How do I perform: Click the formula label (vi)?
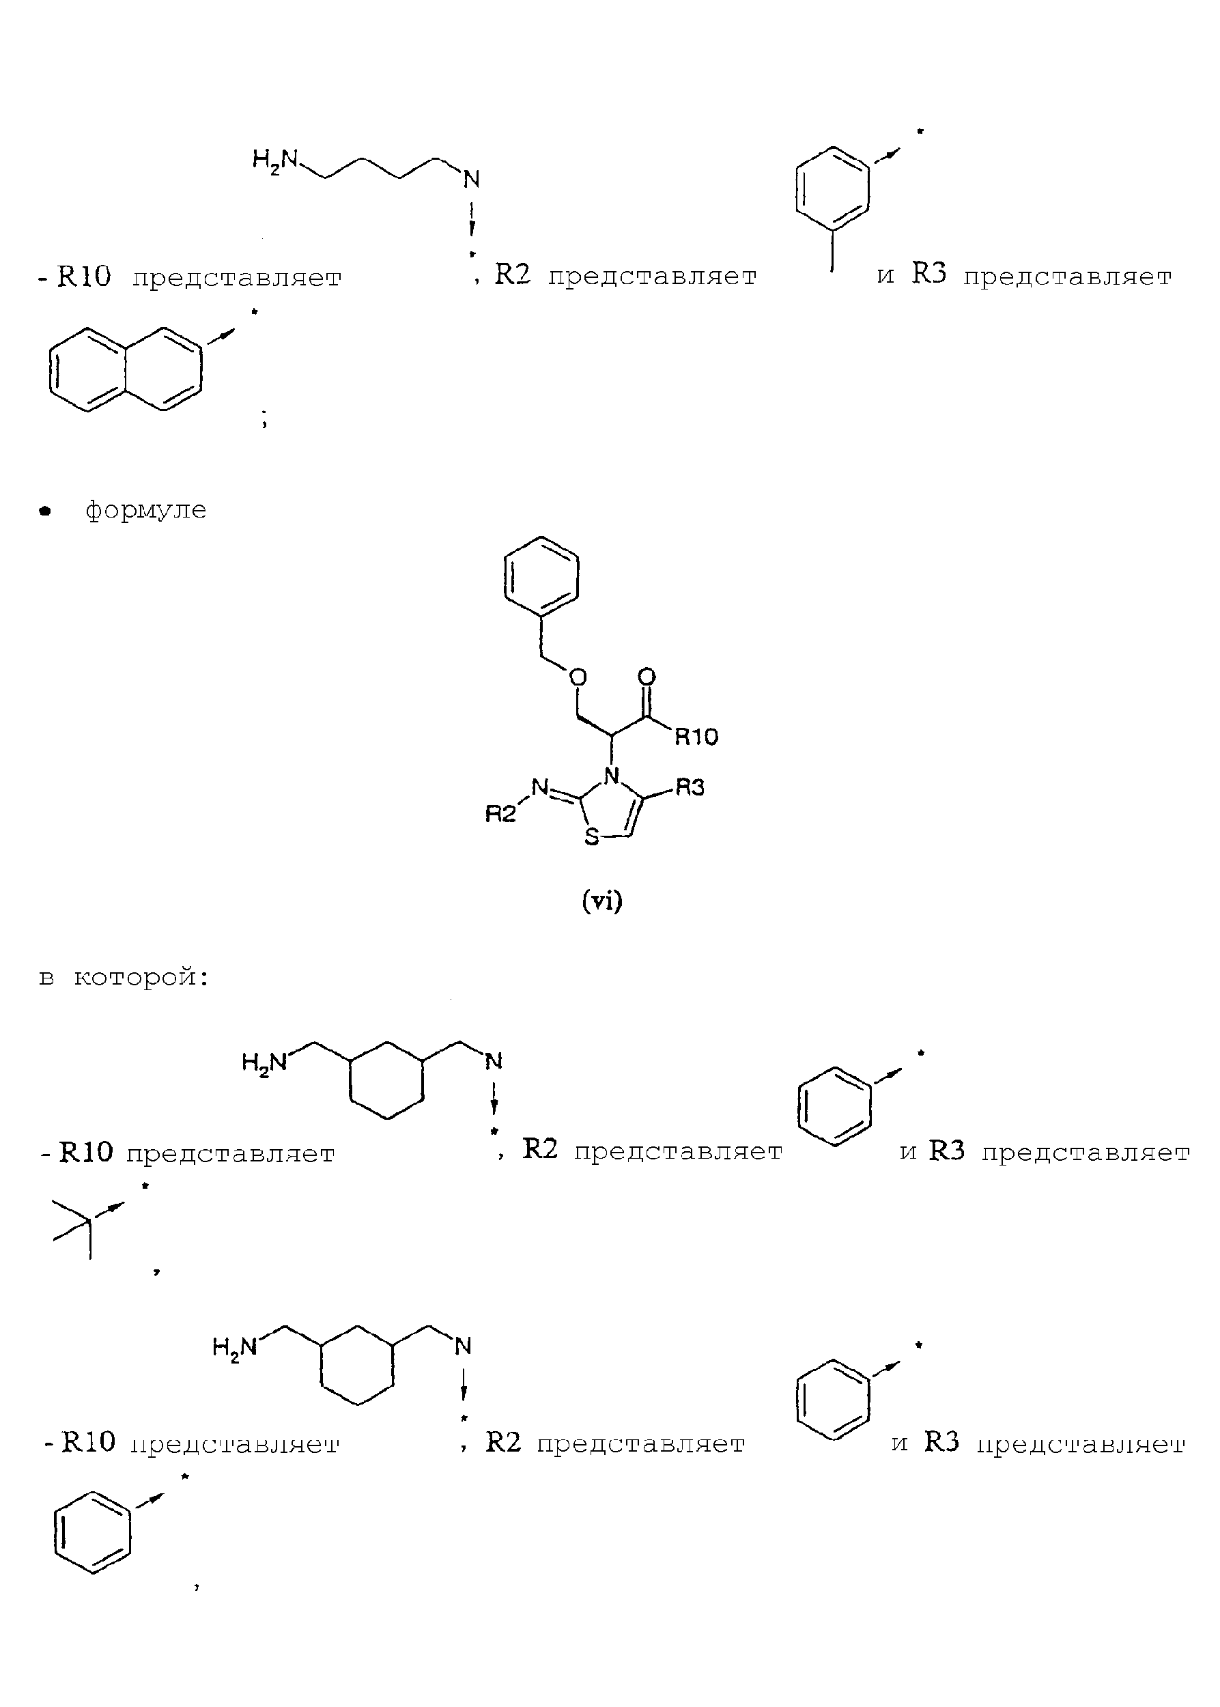[602, 901]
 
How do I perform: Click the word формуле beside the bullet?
[145, 510]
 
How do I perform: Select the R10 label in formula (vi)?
[696, 736]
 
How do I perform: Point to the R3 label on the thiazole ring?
[690, 787]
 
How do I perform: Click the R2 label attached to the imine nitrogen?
[500, 814]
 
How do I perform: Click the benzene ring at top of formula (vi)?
[541, 580]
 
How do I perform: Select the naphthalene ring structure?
[126, 369]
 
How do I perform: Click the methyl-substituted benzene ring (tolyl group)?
[832, 195]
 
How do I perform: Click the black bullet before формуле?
[46, 511]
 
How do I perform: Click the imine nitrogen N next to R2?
[539, 787]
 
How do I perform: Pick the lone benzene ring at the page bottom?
[92, 1533]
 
